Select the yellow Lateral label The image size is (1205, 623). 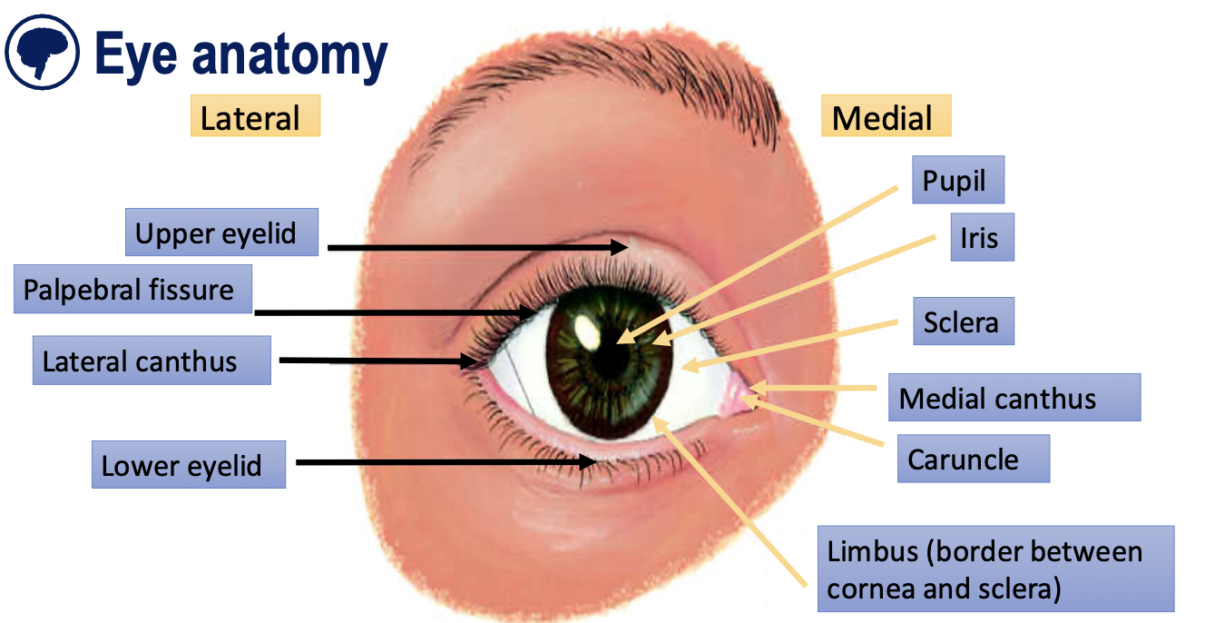[254, 118]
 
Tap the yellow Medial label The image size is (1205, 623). [886, 118]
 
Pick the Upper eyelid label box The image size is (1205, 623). [221, 232]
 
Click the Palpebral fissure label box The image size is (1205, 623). [132, 290]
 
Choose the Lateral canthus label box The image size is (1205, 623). [152, 361]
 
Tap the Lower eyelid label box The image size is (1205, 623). [188, 465]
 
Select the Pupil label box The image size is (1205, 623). [957, 181]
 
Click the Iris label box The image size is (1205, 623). [981, 237]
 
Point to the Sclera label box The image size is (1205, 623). [963, 321]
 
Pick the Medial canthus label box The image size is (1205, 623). [1013, 398]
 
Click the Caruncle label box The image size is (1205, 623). [972, 459]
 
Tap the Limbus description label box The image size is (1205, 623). [995, 569]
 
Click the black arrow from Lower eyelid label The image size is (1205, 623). [445, 462]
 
